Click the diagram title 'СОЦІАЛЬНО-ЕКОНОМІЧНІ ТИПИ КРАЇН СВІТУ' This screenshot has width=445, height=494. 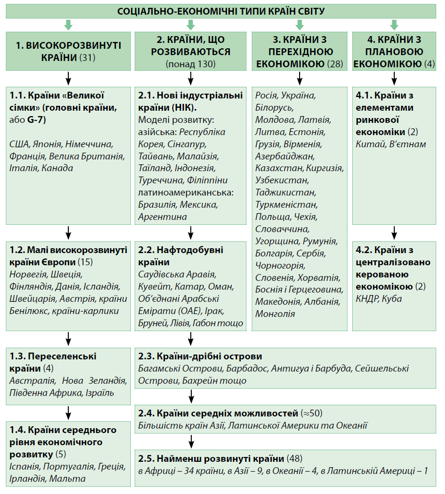[x=221, y=11]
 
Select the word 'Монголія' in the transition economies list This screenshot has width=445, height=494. [x=275, y=314]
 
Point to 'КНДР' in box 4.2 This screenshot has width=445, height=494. [x=367, y=298]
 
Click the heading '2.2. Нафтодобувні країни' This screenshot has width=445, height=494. [x=181, y=256]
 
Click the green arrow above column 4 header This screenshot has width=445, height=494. [x=394, y=24]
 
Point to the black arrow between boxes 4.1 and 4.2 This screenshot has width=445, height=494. [x=394, y=231]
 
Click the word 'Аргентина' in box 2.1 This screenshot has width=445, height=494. [x=162, y=217]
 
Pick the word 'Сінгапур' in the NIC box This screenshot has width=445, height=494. [x=186, y=144]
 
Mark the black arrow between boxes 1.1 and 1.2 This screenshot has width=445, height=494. [x=68, y=231]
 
